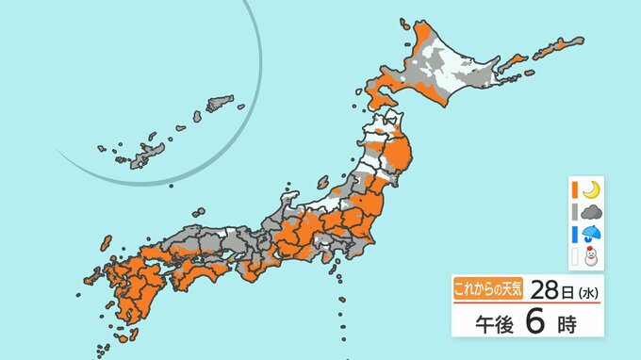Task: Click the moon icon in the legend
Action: (x=590, y=189)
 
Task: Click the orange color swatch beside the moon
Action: (x=573, y=189)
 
